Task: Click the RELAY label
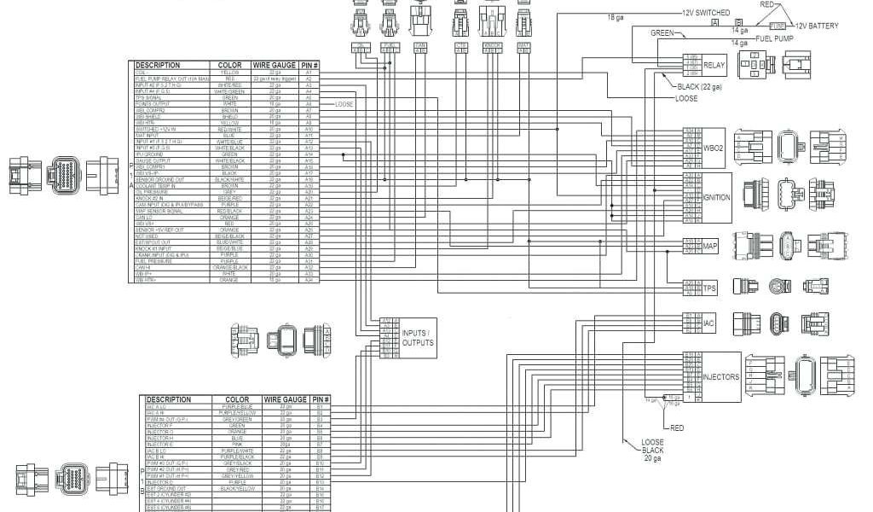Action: (x=714, y=64)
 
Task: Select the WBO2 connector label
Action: (x=713, y=148)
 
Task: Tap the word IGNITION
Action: (x=716, y=197)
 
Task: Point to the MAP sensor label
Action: (x=710, y=247)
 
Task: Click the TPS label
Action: (x=709, y=289)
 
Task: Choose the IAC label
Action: (x=708, y=323)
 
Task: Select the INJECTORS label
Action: (x=720, y=376)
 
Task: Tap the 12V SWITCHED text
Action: (x=706, y=14)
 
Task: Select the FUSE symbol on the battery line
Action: (x=777, y=26)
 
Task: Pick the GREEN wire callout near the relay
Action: (x=663, y=33)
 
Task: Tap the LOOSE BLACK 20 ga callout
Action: (x=652, y=450)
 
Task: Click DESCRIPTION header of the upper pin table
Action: (x=159, y=65)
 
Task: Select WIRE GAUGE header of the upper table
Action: (x=274, y=65)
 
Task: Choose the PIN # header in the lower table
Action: (x=321, y=399)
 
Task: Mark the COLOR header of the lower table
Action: (x=237, y=399)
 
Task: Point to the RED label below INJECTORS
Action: (x=677, y=428)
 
